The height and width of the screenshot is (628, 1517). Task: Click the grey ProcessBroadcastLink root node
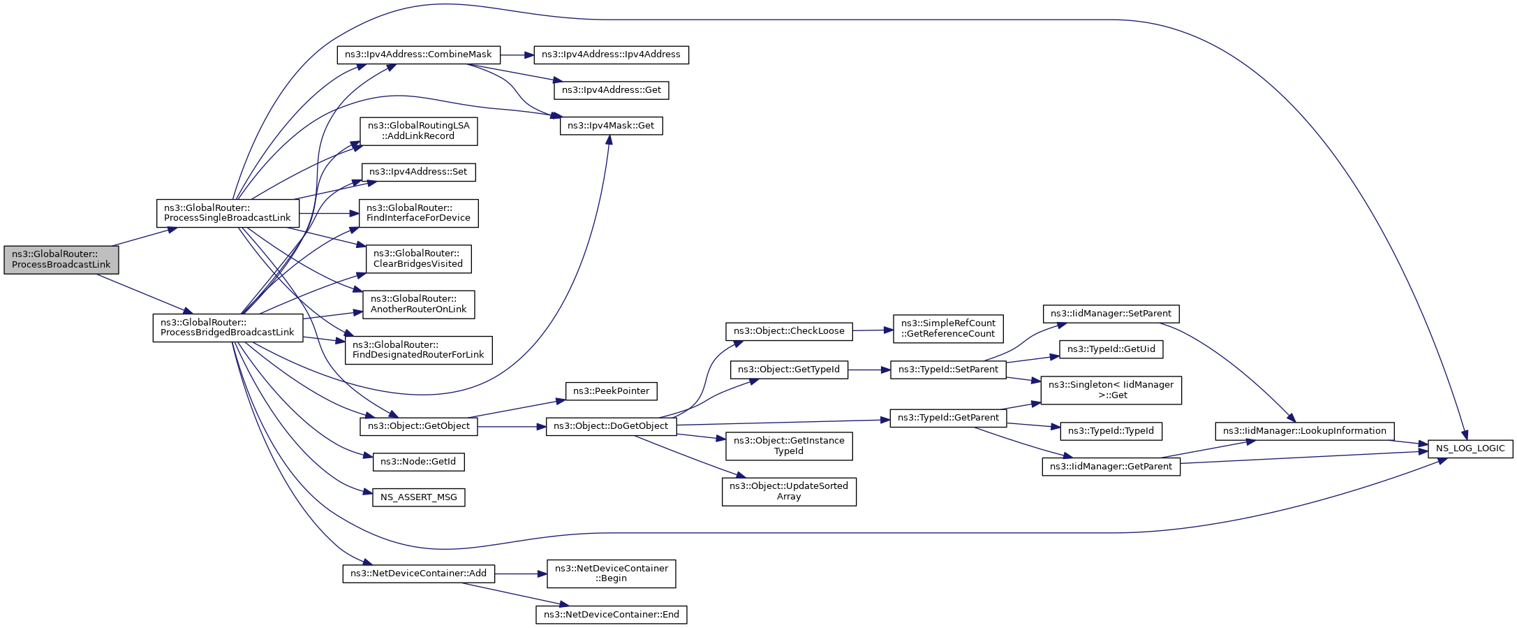(x=61, y=260)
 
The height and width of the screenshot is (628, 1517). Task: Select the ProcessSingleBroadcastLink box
(x=228, y=213)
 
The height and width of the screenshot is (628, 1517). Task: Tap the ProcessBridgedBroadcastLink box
(x=228, y=328)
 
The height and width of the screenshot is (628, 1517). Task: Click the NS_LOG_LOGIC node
(x=1470, y=448)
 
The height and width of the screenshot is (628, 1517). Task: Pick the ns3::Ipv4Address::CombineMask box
(x=418, y=54)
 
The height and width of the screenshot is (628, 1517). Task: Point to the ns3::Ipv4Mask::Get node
(x=611, y=126)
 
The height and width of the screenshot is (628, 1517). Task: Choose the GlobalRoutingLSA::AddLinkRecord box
(x=419, y=131)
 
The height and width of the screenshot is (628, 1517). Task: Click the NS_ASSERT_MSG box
(x=419, y=497)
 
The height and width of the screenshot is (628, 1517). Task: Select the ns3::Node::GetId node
(x=418, y=462)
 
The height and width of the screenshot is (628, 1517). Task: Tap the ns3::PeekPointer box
(x=611, y=391)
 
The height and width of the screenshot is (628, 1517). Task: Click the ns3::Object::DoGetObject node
(x=611, y=426)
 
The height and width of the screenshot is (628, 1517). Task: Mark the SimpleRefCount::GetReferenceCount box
(x=948, y=328)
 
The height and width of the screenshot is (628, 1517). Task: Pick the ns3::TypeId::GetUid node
(x=1111, y=349)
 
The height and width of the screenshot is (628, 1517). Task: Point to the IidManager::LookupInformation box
(x=1304, y=431)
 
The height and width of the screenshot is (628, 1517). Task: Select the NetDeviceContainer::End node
(x=611, y=615)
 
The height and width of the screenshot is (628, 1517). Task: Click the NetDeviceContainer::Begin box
(x=611, y=574)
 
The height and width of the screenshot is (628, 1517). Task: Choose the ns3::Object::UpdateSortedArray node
(x=789, y=492)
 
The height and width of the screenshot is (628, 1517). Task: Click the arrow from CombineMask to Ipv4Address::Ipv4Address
(x=517, y=54)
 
